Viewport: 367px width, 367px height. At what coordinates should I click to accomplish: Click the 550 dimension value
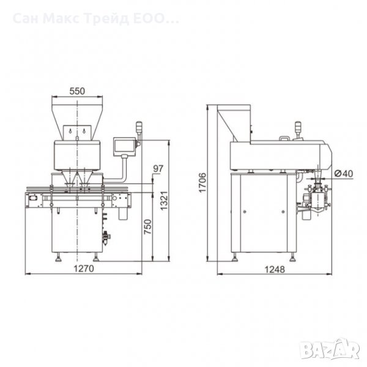77,91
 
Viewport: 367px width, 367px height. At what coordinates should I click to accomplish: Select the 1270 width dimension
84,269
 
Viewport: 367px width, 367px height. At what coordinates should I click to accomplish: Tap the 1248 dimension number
275,269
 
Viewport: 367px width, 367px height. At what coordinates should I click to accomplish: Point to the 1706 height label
202,182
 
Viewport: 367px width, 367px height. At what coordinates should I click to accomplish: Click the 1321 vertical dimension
165,201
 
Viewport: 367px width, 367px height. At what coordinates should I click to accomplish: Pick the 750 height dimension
148,227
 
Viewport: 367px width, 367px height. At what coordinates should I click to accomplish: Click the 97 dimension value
158,169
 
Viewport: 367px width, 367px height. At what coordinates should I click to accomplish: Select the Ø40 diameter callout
343,174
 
